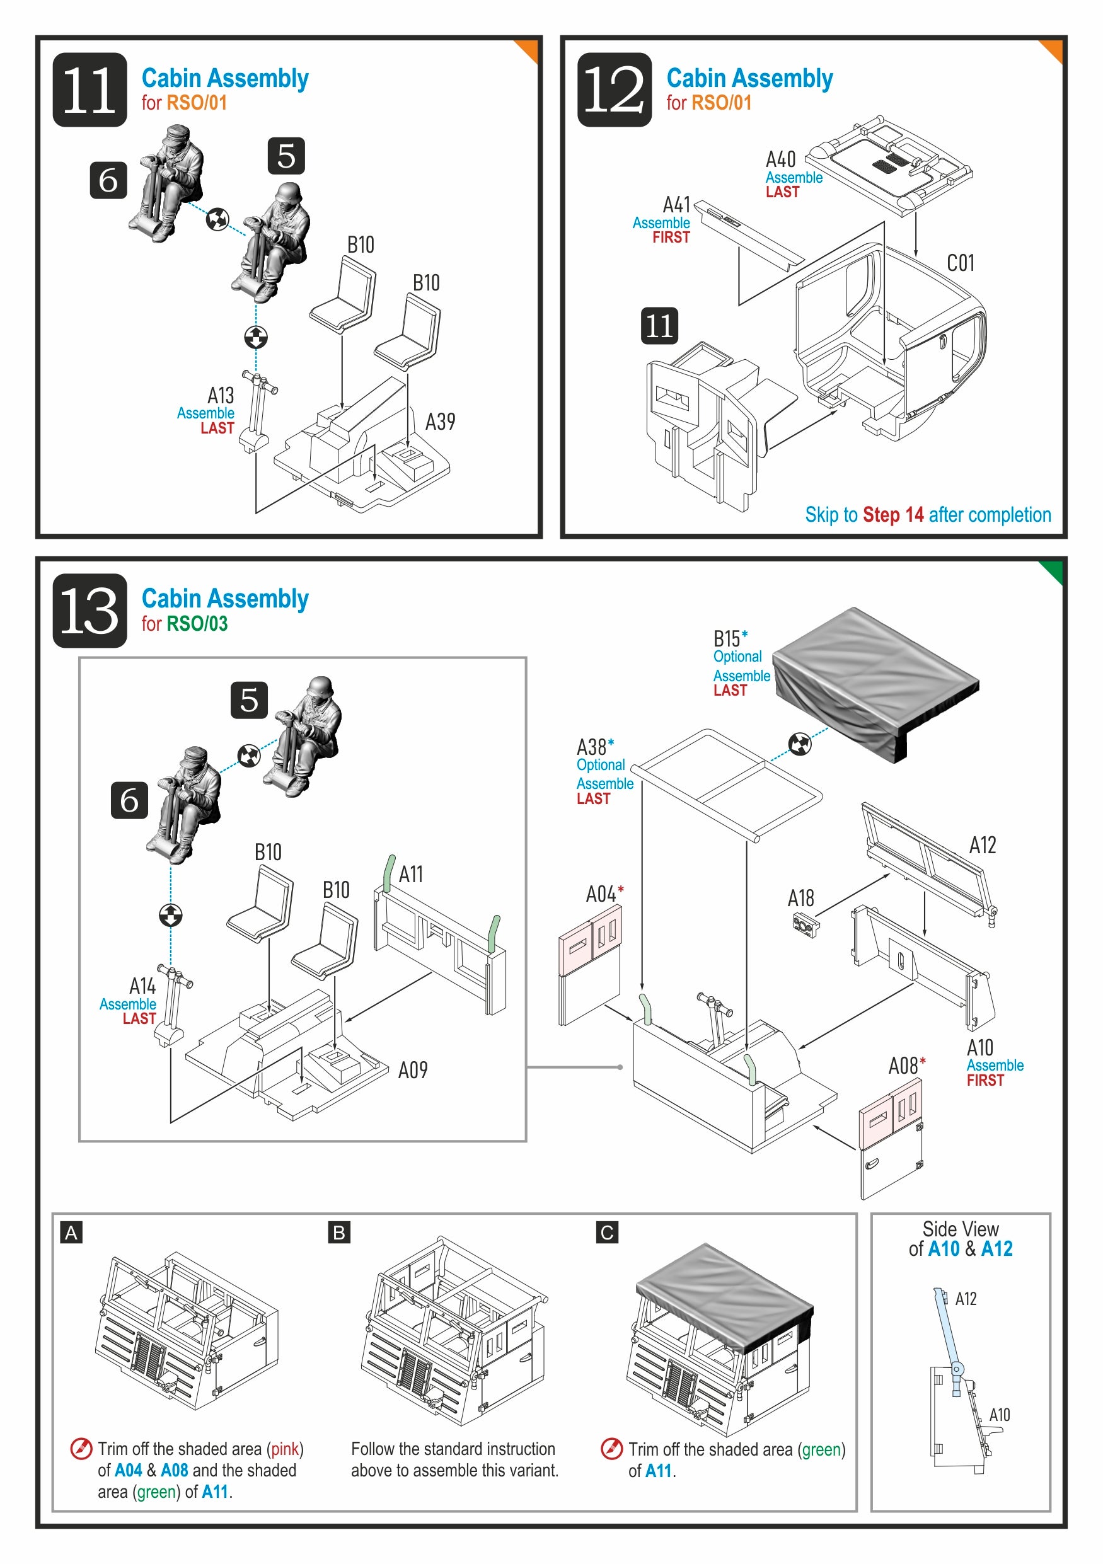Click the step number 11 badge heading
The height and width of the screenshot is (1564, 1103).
(x=90, y=89)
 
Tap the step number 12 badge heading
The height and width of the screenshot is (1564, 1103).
(x=614, y=89)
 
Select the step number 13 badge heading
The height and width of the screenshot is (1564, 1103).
(x=90, y=611)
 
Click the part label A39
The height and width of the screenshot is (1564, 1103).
(x=440, y=422)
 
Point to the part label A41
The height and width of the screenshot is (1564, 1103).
(x=676, y=204)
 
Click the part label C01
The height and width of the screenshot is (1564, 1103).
(x=960, y=263)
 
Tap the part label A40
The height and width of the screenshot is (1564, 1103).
(x=780, y=159)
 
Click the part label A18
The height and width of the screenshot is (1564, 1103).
(x=800, y=899)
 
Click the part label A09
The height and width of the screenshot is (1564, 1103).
(x=413, y=1070)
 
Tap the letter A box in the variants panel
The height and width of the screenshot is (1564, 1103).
(x=71, y=1233)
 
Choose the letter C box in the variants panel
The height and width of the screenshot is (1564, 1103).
(x=607, y=1233)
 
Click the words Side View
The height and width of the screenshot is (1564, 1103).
(x=960, y=1229)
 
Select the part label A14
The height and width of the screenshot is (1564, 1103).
(x=142, y=986)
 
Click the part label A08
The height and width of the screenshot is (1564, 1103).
(x=903, y=1066)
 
